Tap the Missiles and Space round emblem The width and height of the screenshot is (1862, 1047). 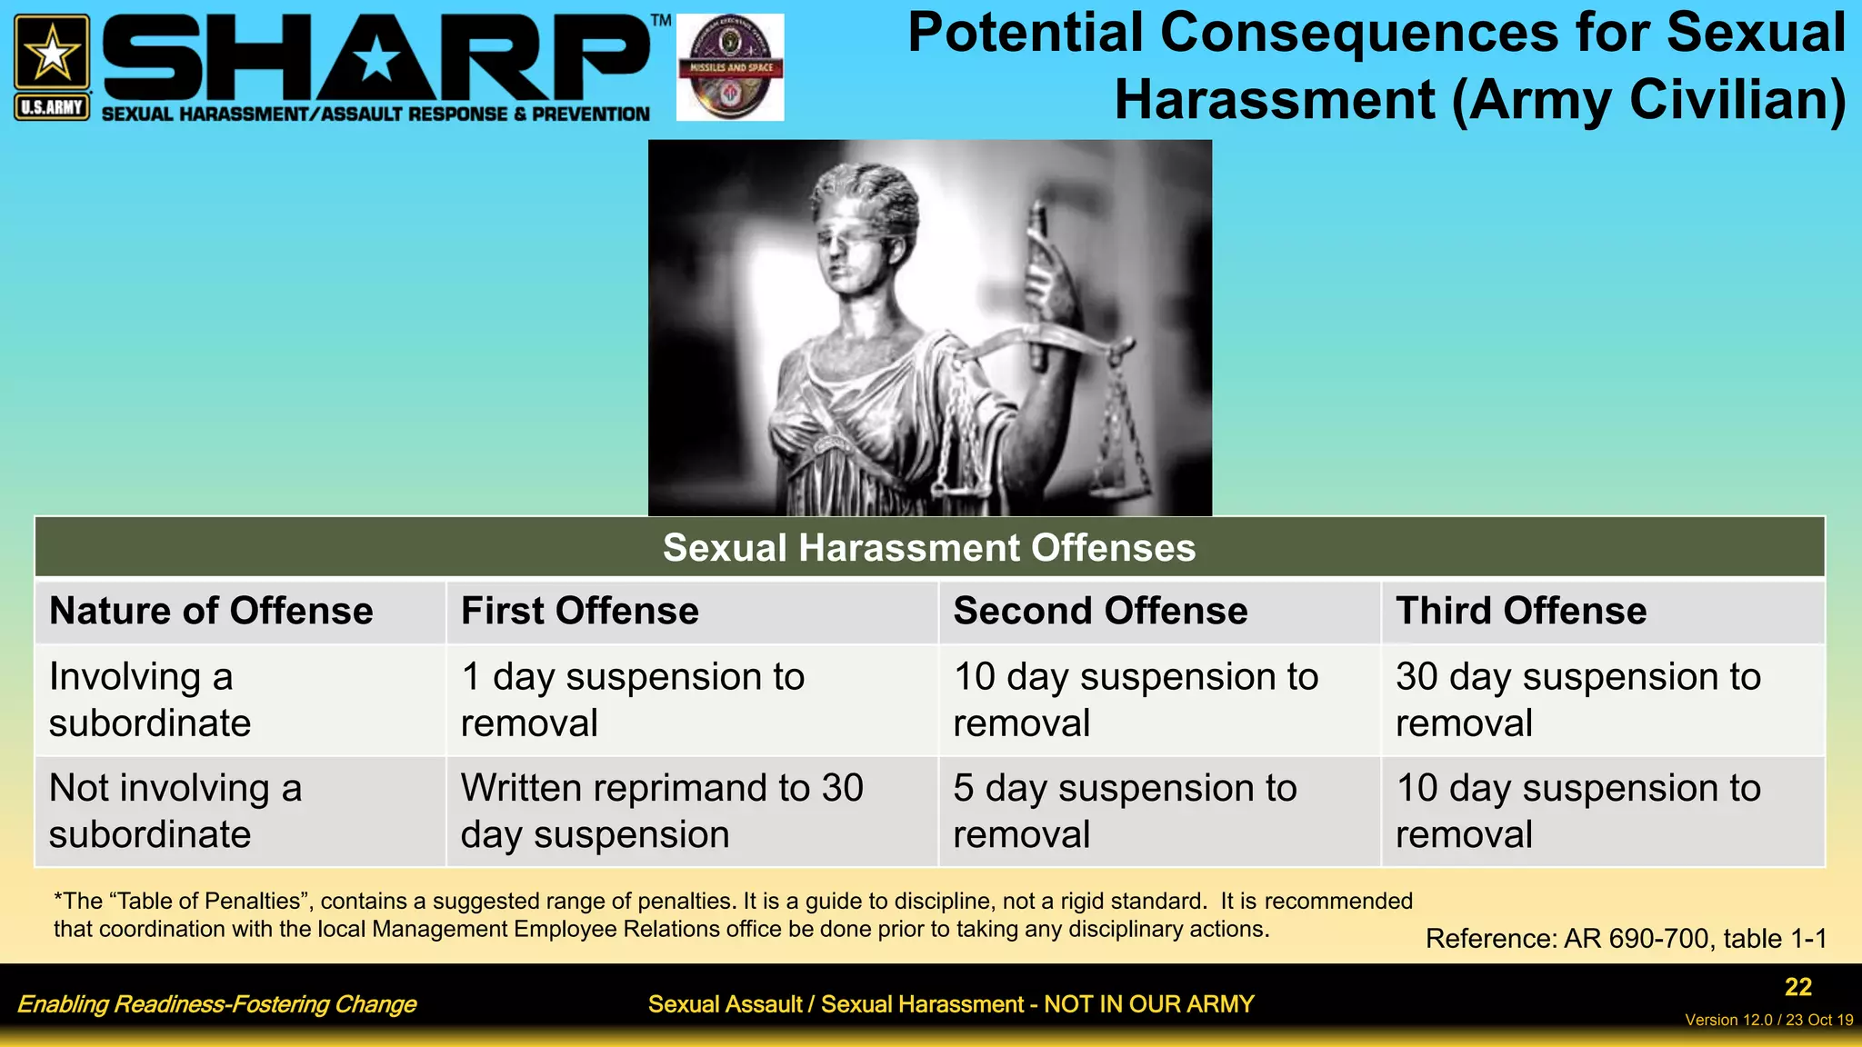point(730,66)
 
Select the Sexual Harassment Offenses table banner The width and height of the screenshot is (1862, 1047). point(929,547)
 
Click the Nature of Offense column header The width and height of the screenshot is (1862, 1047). point(211,611)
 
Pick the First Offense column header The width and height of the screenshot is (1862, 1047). point(580,611)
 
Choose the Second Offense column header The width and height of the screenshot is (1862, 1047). point(1100,611)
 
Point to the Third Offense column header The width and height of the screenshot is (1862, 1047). point(1521,611)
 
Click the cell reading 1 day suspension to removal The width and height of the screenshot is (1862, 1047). point(633,700)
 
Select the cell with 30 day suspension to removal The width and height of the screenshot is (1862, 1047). point(1578,700)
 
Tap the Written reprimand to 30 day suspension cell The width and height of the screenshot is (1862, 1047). point(662,811)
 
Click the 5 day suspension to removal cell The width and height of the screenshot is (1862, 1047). point(1125,811)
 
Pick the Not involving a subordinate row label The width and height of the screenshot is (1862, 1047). point(175,811)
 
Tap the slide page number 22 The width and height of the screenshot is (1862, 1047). point(1797,987)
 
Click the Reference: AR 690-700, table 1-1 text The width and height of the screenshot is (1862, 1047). point(1626,938)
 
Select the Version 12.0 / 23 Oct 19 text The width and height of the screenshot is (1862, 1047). point(1768,1020)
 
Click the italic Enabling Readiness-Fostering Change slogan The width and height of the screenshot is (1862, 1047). point(216,1004)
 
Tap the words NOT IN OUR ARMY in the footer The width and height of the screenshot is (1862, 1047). point(1148,1004)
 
